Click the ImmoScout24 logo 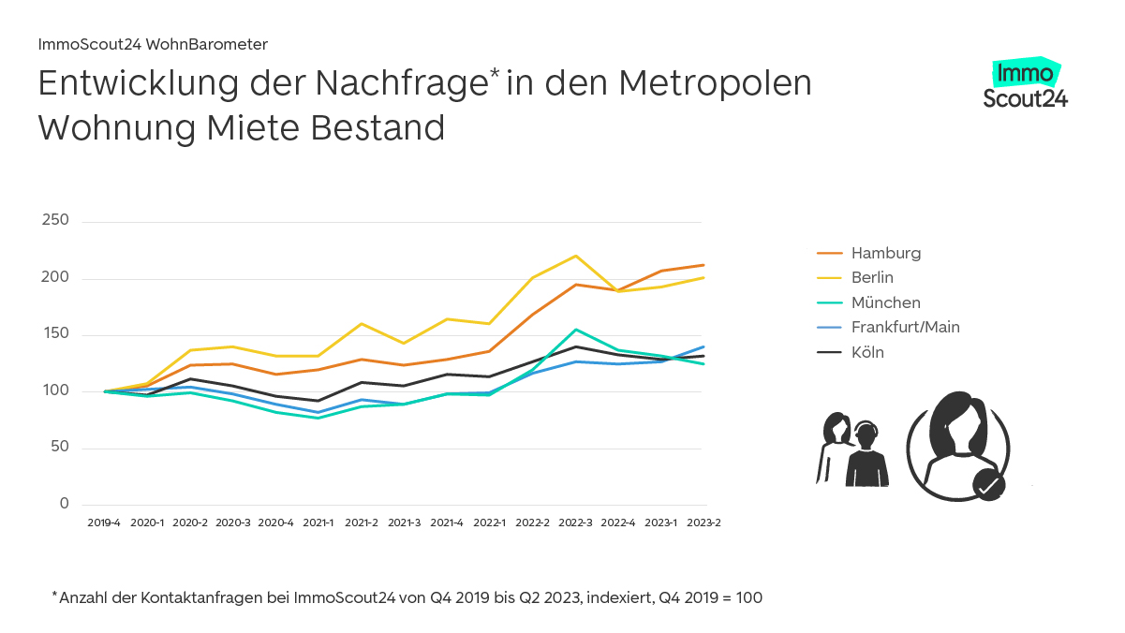click(x=1025, y=85)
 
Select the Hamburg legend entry click(x=885, y=253)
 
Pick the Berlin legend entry click(x=872, y=277)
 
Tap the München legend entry click(x=885, y=302)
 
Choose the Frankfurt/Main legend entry click(x=905, y=327)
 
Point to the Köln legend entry click(x=867, y=352)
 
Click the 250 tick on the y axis click(x=56, y=221)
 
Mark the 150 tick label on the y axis click(x=56, y=334)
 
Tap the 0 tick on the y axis click(x=65, y=504)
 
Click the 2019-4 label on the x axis click(x=104, y=523)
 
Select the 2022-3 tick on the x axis click(x=575, y=523)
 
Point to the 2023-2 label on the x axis click(x=703, y=523)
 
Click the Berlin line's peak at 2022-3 click(x=575, y=256)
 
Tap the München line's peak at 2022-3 click(x=575, y=330)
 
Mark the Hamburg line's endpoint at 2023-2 click(x=703, y=265)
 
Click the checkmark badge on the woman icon click(x=988, y=485)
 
